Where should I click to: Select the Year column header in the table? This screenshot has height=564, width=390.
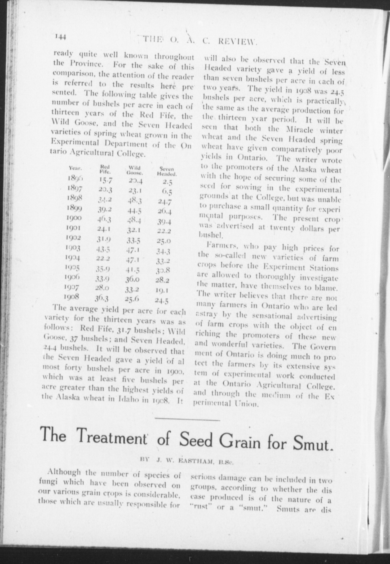(x=75, y=168)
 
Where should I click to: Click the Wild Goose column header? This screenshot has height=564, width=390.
(x=134, y=171)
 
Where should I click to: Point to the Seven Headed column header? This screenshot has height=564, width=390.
(x=167, y=171)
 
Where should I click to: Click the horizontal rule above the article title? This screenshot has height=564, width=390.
(x=187, y=419)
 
